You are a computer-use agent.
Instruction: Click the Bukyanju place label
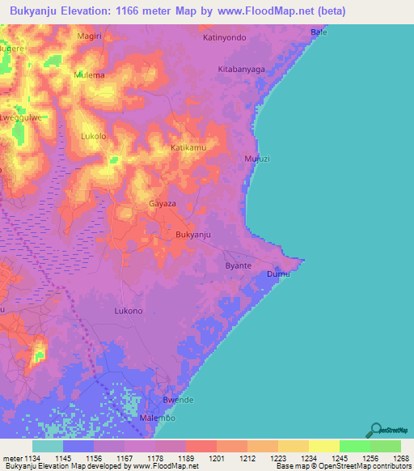click(x=193, y=235)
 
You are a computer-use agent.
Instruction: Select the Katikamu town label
click(x=188, y=148)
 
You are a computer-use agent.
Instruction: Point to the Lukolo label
click(x=94, y=136)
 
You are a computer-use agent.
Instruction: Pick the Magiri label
click(x=89, y=36)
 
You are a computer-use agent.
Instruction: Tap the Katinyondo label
click(x=224, y=37)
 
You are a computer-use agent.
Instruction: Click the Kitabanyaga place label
click(x=242, y=70)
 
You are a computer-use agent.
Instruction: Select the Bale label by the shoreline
click(x=319, y=32)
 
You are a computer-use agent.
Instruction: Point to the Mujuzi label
click(x=256, y=159)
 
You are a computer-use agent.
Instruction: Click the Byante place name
click(x=238, y=265)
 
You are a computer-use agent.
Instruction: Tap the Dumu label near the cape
click(x=278, y=274)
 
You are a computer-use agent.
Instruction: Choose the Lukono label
click(x=129, y=311)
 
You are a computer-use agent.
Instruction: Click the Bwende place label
click(x=179, y=401)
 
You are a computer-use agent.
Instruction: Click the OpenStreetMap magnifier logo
click(x=376, y=430)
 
